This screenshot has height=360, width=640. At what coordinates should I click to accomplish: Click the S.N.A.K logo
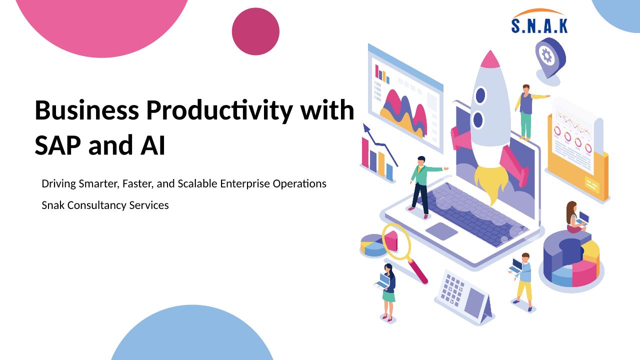coord(539,21)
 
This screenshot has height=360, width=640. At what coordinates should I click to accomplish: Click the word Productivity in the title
coord(219,111)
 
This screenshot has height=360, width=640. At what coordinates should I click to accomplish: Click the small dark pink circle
coord(255,31)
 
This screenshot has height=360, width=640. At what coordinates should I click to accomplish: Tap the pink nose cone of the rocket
coord(490,59)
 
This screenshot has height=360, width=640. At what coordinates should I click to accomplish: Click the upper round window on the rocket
coord(480,95)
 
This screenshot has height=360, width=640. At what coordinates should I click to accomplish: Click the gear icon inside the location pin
coord(547,55)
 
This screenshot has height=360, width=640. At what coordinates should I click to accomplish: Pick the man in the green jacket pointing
coord(424,187)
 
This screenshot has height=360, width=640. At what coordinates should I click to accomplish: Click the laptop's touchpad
coord(441,231)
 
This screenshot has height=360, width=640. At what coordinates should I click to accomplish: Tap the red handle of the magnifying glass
coord(418,271)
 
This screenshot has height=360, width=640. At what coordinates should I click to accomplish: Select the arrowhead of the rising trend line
coord(366,128)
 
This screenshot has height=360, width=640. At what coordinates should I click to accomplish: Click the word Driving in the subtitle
coord(58,184)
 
